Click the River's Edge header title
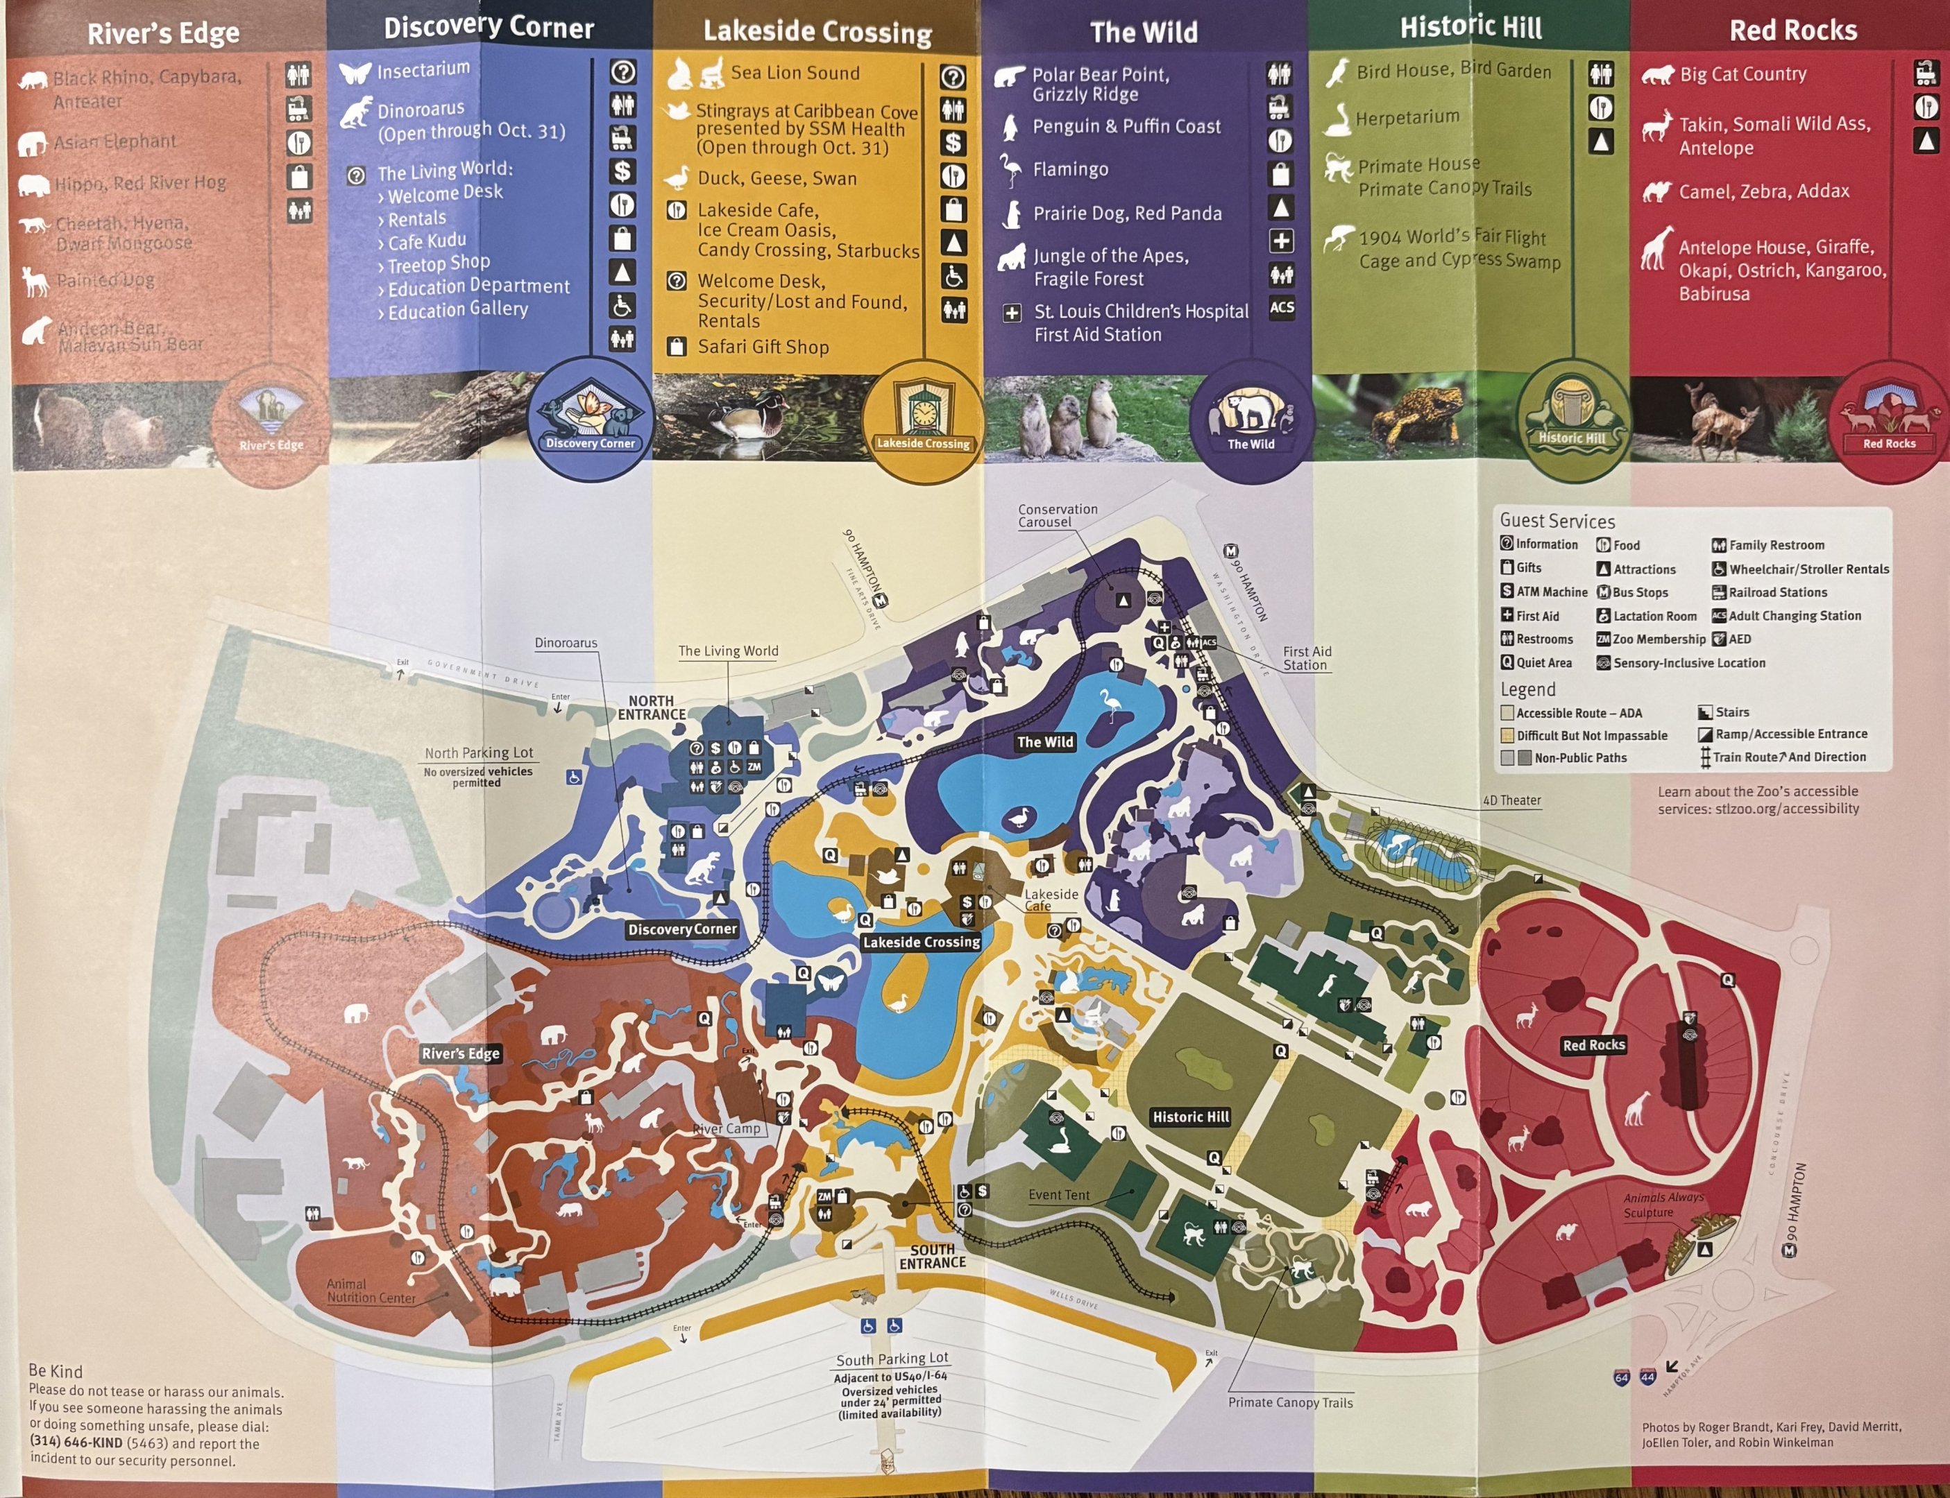tap(163, 33)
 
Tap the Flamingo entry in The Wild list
tap(1071, 169)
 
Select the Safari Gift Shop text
tap(763, 347)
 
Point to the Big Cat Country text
tap(1743, 74)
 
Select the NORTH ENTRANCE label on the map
tap(652, 708)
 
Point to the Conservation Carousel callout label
tap(1058, 515)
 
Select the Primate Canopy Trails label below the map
tap(1290, 1402)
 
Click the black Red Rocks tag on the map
tap(1593, 1045)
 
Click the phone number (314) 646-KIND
tap(76, 1442)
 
